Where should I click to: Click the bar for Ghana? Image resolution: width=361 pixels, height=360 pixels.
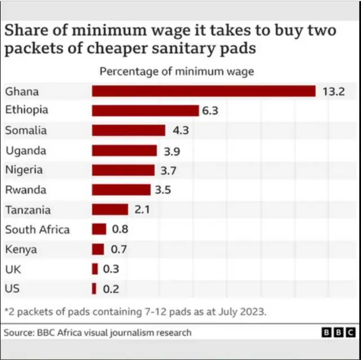point(203,91)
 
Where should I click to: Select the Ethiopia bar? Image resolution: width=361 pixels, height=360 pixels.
point(145,111)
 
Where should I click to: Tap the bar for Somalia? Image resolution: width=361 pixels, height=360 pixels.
point(128,130)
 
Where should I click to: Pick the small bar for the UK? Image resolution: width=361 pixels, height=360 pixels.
point(95,269)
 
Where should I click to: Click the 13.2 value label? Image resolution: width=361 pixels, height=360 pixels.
point(333,91)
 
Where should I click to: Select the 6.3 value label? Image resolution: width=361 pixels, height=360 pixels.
point(210,111)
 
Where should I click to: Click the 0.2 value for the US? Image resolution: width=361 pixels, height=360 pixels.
point(111,289)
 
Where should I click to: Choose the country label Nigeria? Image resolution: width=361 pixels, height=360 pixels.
point(24,169)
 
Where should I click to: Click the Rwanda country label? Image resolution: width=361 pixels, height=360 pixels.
point(25,190)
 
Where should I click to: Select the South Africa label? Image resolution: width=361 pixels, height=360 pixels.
point(37,230)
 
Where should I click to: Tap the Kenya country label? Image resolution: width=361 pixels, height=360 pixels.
point(20,249)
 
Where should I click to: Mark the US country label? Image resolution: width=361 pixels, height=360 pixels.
point(12,288)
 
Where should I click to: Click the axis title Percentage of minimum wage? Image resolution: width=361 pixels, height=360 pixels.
point(177,72)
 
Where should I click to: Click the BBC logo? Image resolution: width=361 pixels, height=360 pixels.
point(340,333)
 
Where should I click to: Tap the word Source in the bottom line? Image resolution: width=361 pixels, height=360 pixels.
point(16,333)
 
